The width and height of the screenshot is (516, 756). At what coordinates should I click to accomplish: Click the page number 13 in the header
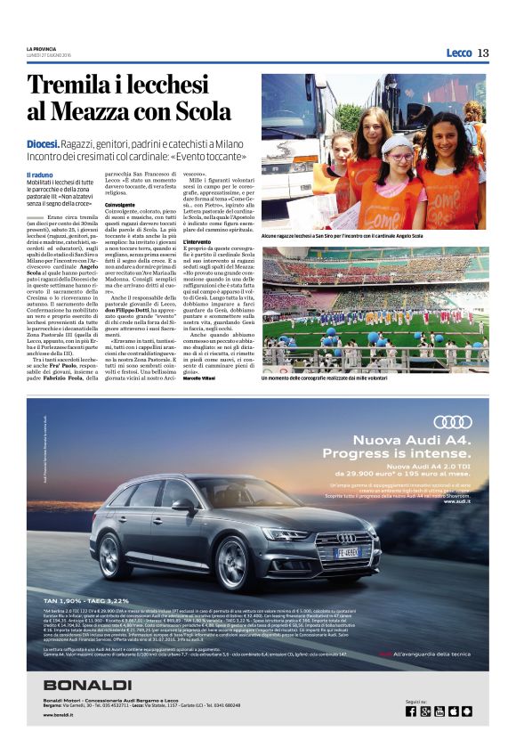click(483, 53)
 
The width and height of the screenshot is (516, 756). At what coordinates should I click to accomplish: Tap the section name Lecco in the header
click(459, 53)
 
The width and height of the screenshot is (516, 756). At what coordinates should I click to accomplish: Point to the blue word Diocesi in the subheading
click(43, 143)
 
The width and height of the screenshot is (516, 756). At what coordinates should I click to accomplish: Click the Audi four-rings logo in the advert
click(452, 421)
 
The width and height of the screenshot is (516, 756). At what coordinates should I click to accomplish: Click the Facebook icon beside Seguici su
click(411, 711)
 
